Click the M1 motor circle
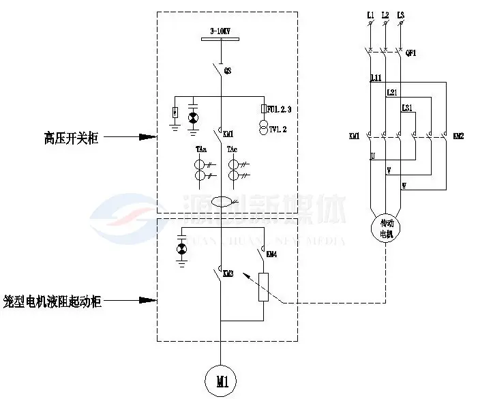[x=222, y=380]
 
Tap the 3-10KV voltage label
[x=220, y=31]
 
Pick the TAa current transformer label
[x=201, y=149]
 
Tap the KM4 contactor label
[x=271, y=254]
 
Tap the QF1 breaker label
[x=410, y=53]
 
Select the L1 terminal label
[x=370, y=14]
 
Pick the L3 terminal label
[x=400, y=14]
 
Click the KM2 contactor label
[x=458, y=136]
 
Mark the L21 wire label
[x=391, y=92]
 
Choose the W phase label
[x=403, y=185]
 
